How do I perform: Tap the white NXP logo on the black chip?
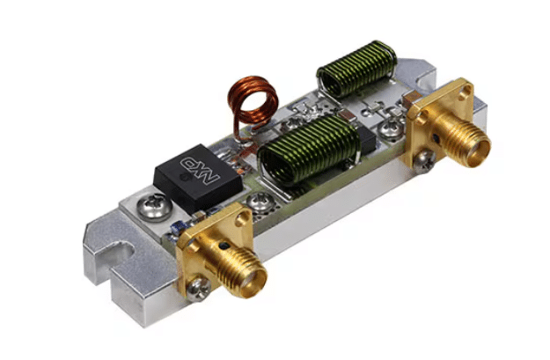[x=200, y=170]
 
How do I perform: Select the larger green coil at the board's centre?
[x=309, y=151]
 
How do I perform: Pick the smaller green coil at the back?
[x=357, y=68]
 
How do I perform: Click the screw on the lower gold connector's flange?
[x=198, y=288]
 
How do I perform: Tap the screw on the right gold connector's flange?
[x=424, y=161]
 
